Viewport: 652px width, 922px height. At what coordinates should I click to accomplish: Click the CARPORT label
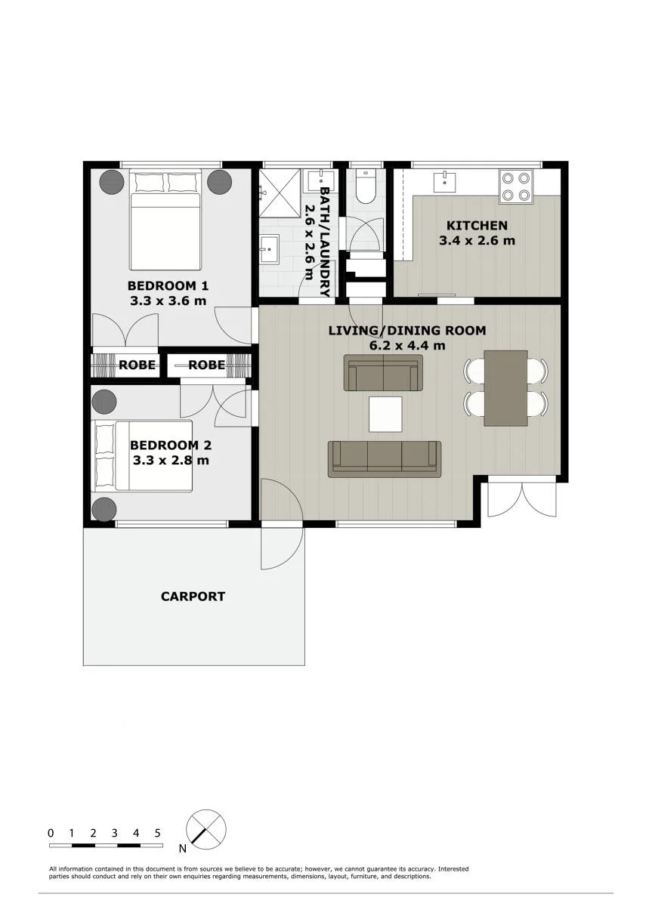193,597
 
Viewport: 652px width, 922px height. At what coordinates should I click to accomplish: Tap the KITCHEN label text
477,226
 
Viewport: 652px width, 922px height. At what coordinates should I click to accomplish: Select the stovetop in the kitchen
516,187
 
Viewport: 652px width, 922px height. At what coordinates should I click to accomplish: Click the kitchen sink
444,182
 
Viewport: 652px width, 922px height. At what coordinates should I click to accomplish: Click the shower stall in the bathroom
280,193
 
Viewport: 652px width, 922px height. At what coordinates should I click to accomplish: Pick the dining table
505,388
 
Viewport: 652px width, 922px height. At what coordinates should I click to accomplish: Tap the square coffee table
385,414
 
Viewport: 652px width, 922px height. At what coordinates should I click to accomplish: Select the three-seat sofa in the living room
385,459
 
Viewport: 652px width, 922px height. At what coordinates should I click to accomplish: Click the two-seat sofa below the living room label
384,372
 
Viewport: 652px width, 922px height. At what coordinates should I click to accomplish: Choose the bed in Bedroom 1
165,220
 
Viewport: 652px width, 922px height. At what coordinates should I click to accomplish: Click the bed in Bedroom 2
142,455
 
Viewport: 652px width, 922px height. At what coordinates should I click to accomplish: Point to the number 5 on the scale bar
157,822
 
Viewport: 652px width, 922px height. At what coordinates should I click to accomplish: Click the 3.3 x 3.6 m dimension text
168,301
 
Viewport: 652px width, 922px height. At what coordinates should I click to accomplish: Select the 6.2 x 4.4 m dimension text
407,345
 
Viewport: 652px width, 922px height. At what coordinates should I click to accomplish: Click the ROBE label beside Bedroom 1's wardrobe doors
138,365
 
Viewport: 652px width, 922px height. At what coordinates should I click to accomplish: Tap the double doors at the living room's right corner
522,499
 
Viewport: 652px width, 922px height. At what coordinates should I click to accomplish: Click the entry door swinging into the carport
283,547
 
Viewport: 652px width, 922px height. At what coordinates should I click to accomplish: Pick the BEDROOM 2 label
171,445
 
